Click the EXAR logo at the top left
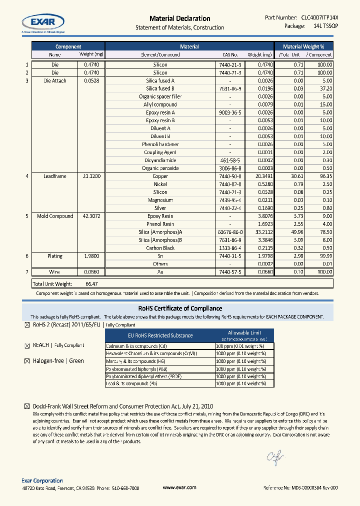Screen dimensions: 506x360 [43, 22]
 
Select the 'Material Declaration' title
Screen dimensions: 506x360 [179, 18]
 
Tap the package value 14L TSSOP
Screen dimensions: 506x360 [325, 26]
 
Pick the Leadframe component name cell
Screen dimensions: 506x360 [54, 176]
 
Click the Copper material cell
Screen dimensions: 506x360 [160, 176]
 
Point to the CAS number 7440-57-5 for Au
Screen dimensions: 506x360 [230, 272]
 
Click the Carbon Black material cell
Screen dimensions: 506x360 [160, 248]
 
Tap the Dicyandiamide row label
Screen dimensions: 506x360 [160, 160]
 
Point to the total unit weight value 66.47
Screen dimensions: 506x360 [91, 283]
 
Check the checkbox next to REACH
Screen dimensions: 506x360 [27, 345]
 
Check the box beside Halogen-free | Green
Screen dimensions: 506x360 [27, 361]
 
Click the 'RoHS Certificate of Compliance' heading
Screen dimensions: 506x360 [179, 308]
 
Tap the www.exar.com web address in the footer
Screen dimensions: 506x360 [179, 487]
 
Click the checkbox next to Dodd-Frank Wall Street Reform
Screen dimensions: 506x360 [27, 407]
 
